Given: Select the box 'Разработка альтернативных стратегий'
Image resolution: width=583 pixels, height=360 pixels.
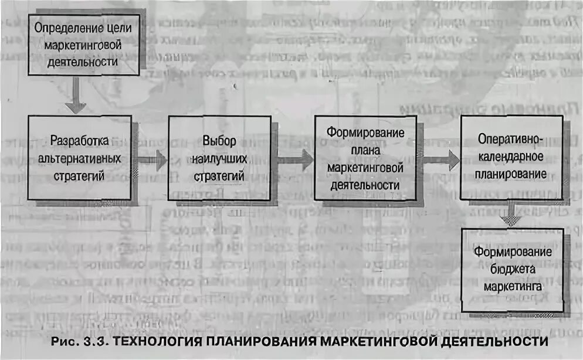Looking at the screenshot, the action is coord(80,157).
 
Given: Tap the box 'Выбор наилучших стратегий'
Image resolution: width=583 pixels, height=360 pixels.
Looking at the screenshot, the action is coord(219,157).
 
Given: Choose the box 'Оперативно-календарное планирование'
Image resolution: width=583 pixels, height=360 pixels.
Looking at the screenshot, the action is coord(511,157).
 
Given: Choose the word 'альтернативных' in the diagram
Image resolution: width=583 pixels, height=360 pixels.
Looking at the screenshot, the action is coord(80,158).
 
